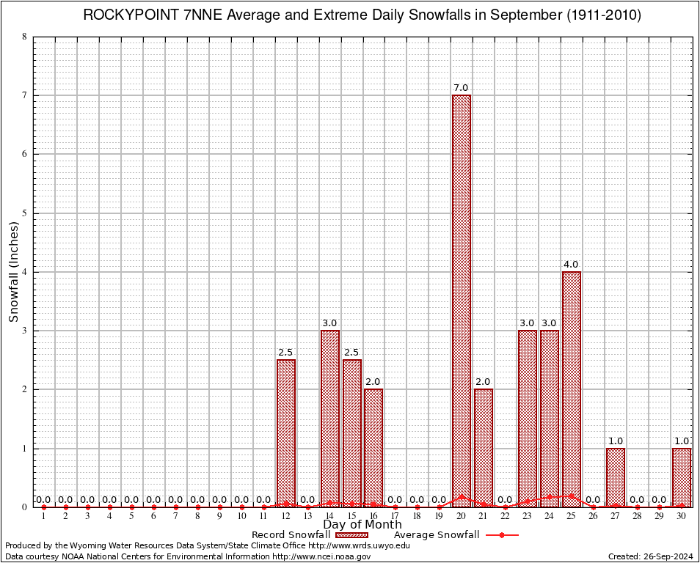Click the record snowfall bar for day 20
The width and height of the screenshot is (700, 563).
(x=461, y=301)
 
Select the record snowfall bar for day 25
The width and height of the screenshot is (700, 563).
(x=571, y=389)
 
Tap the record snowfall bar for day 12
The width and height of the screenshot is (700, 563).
(x=285, y=433)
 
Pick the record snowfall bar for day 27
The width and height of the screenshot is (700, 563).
(x=615, y=476)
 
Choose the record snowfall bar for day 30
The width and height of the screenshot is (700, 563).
(x=681, y=476)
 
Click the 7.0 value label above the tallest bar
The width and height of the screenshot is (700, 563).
(x=461, y=88)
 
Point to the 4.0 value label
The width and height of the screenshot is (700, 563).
(x=571, y=265)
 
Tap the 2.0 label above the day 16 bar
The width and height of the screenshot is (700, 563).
(x=373, y=382)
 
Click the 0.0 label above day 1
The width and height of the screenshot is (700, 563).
(x=43, y=500)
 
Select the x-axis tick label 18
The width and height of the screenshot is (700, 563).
(x=417, y=517)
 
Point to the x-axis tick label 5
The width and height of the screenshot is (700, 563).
(x=131, y=517)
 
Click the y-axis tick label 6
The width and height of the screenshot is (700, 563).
(x=25, y=154)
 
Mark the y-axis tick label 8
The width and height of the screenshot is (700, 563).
(x=25, y=37)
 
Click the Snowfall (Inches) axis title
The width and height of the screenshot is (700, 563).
(x=14, y=272)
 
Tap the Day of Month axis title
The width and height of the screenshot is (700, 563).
(x=362, y=525)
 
